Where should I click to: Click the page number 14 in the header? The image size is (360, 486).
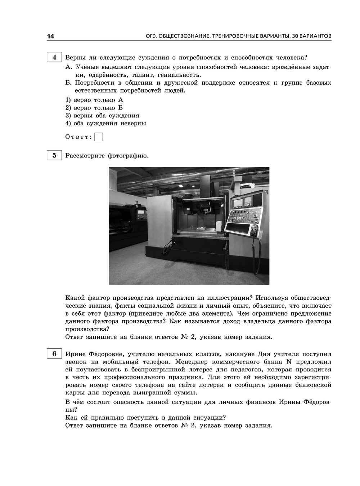pyautogui.click(x=50, y=36)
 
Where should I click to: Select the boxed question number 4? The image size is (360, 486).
pyautogui.click(x=54, y=57)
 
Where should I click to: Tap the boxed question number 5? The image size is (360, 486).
pyautogui.click(x=54, y=156)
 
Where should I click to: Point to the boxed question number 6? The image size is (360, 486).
pyautogui.click(x=54, y=354)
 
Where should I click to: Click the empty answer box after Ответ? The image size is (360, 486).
pyautogui.click(x=99, y=137)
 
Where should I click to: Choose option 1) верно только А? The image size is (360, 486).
pyautogui.click(x=94, y=100)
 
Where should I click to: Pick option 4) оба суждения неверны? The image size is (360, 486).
pyautogui.click(x=106, y=123)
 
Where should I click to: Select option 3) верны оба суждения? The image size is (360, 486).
pyautogui.click(x=102, y=116)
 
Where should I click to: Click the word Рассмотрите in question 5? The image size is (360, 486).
pyautogui.click(x=85, y=156)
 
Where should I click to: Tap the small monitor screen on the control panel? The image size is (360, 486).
pyautogui.click(x=238, y=202)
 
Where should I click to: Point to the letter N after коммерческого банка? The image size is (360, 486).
pyautogui.click(x=288, y=362)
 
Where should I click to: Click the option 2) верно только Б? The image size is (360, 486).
pyautogui.click(x=94, y=108)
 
